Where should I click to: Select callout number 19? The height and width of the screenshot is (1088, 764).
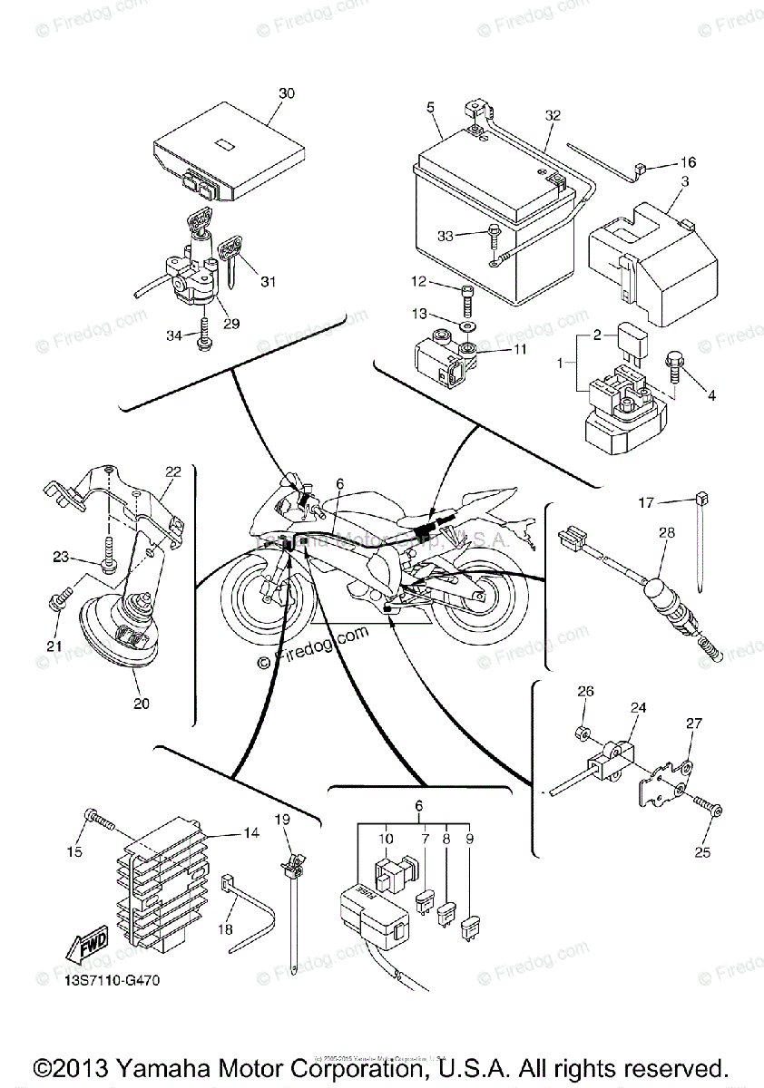pyautogui.click(x=282, y=820)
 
